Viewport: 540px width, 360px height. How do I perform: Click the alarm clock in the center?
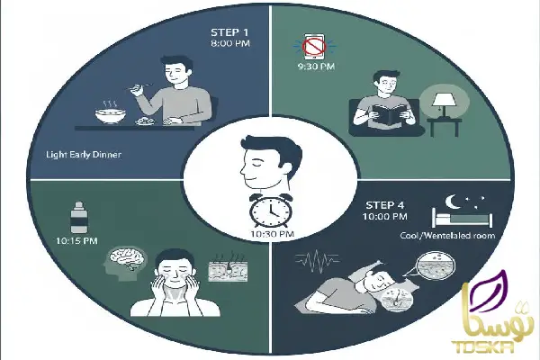coord(268,209)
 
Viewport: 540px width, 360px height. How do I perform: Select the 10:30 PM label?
coord(268,233)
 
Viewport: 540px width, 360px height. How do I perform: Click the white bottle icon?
coord(80,219)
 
